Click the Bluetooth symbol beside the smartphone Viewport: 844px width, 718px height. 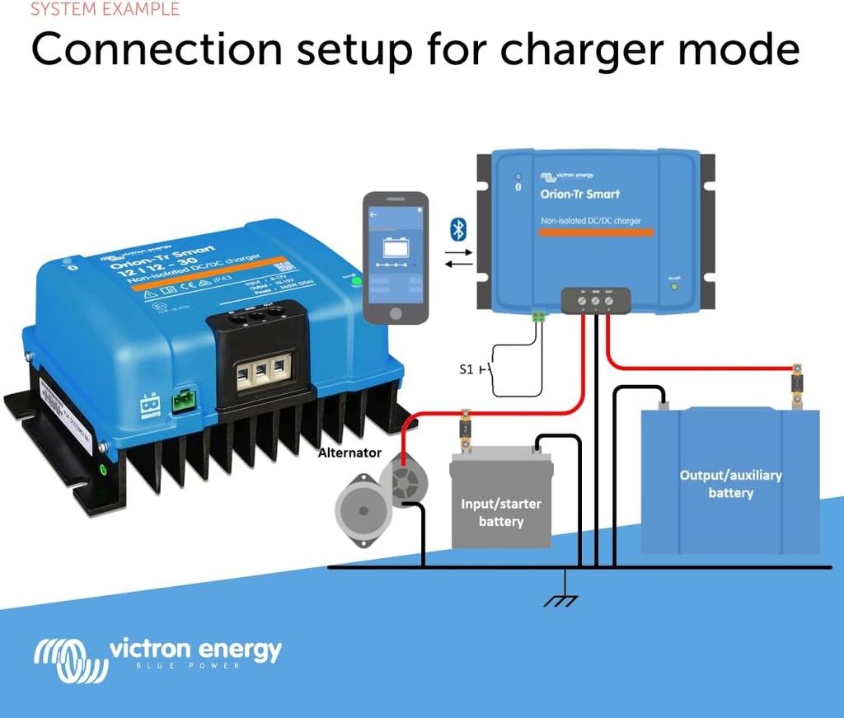(458, 229)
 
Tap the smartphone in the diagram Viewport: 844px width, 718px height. (396, 256)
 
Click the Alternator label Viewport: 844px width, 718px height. (350, 453)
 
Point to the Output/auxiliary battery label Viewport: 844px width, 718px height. (730, 484)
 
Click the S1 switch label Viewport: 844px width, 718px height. (467, 369)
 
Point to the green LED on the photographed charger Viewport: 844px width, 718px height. (356, 281)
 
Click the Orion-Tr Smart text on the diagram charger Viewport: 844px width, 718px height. (579, 195)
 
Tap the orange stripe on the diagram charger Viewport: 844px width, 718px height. (596, 232)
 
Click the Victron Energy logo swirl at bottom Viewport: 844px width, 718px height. (70, 659)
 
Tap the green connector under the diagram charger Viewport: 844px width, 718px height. (539, 316)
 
